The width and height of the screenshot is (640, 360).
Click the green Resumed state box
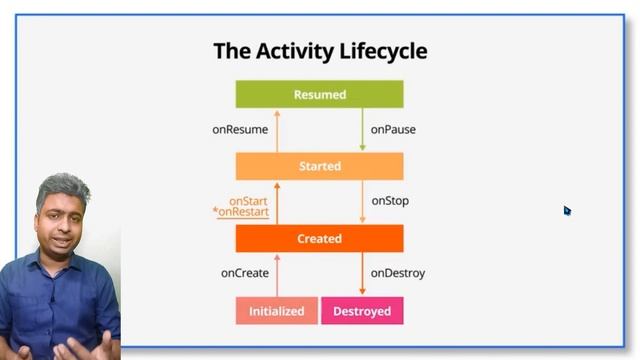click(319, 94)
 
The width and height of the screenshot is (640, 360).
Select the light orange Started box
click(319, 166)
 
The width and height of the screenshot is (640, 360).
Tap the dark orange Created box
click(319, 238)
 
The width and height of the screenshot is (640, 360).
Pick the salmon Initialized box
click(276, 311)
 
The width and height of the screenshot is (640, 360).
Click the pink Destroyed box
click(362, 311)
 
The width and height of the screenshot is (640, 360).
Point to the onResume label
click(240, 130)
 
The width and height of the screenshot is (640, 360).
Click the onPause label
click(393, 130)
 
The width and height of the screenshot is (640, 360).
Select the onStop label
click(390, 201)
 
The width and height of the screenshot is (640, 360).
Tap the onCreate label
click(245, 273)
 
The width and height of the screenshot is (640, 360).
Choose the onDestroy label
click(398, 273)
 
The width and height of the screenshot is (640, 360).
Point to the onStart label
click(248, 201)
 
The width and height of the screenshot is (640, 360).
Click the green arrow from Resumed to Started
click(362, 130)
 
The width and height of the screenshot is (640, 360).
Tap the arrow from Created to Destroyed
click(362, 274)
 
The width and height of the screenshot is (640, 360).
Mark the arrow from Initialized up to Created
click(277, 274)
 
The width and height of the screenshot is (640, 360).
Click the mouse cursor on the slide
click(566, 210)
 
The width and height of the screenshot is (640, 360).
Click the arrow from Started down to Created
click(362, 202)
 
